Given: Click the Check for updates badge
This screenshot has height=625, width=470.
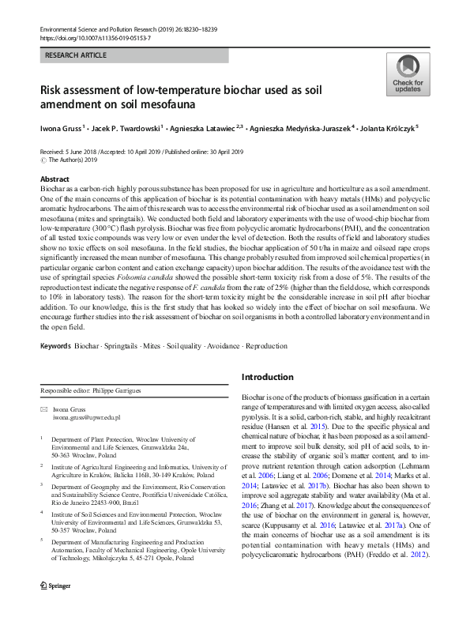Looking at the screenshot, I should [407, 75].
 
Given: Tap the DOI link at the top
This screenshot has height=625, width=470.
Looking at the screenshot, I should [94, 38].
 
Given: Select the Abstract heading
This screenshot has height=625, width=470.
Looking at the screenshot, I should [55, 179].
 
